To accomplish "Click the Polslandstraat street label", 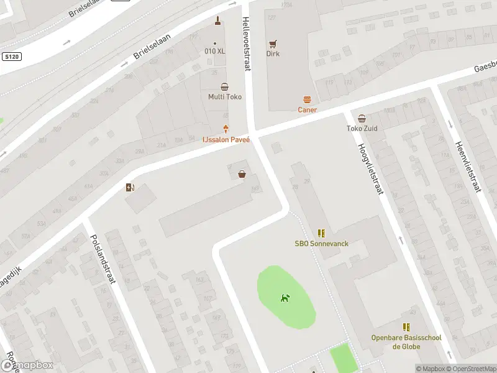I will [x=103, y=259].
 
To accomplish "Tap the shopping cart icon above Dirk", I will [x=273, y=44].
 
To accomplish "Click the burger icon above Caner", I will [x=307, y=99].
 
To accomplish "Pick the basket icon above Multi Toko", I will [x=224, y=87].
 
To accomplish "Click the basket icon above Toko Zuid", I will [x=362, y=119].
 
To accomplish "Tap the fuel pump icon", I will [x=130, y=187].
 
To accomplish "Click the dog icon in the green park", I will [x=285, y=298].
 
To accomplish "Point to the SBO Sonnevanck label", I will [x=321, y=244].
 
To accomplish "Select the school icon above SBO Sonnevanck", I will [x=321, y=233].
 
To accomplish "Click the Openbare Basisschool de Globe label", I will [x=406, y=342].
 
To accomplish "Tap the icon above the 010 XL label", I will [x=217, y=22].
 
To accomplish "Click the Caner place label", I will [x=307, y=110].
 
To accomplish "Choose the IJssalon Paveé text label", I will [x=225, y=140].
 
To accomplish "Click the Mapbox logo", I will [x=27, y=366].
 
